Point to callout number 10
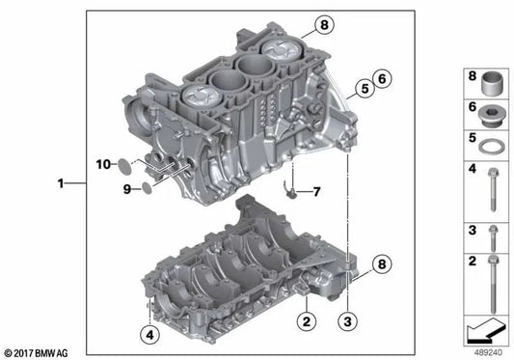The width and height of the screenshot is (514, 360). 102,165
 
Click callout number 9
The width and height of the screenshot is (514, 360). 124,189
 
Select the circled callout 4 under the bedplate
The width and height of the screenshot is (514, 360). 148,335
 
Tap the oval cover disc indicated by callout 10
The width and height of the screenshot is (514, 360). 122,165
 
